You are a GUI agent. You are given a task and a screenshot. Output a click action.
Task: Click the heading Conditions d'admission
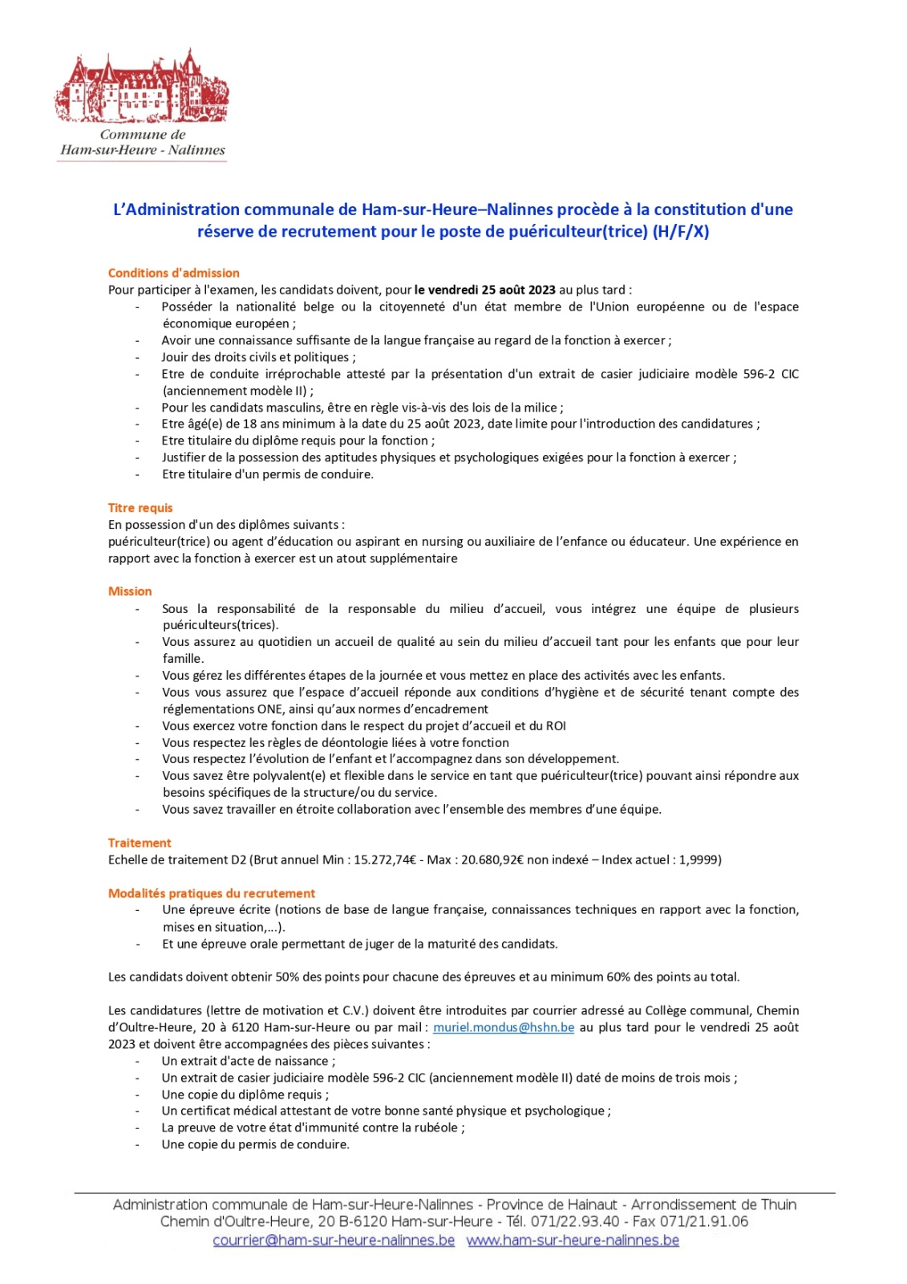pos(173,273)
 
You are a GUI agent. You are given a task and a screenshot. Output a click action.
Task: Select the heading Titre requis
pos(140,508)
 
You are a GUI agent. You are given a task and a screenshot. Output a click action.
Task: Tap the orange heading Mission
pos(130,591)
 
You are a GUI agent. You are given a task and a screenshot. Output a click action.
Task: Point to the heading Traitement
pos(140,843)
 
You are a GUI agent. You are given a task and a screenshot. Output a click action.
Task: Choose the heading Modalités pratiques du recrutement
pos(212,893)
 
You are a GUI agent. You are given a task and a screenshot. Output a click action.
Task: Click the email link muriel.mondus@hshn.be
pos(504,1027)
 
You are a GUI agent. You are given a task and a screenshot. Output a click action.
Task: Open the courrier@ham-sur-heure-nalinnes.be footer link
pos(334,1241)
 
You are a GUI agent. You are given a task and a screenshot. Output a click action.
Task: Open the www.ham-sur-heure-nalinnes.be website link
pos(573,1241)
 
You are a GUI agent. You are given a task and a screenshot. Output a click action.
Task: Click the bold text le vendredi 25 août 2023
pos(485,290)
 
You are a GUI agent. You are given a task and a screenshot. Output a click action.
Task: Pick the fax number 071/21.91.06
pos(704,1222)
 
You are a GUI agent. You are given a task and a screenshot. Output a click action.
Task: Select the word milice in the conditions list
pos(540,408)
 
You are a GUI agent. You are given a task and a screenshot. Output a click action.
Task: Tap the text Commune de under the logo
pos(143,135)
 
